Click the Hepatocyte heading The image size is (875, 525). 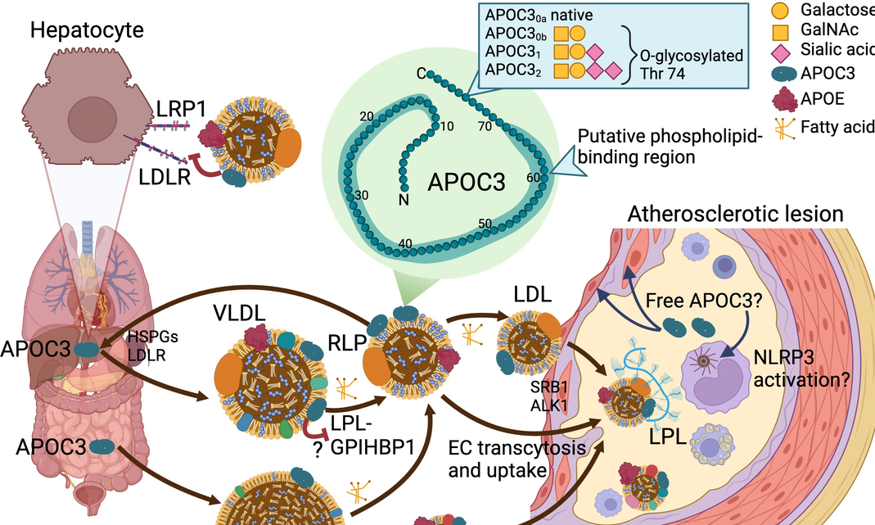click(87, 31)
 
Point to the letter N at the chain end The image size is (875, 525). click(403, 198)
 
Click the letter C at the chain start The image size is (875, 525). click(420, 75)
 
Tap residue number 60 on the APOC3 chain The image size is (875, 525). click(534, 177)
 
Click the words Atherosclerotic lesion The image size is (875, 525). click(734, 215)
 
